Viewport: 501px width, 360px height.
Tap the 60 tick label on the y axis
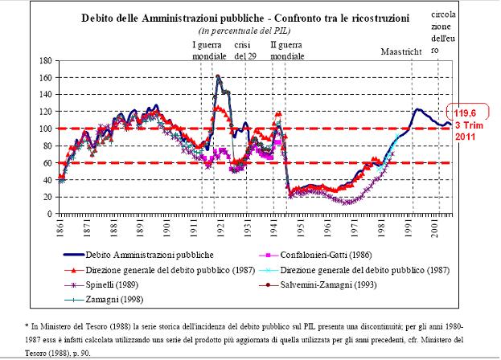47,163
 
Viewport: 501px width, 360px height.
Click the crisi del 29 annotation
244,50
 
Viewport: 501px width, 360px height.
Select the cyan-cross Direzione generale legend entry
370,269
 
